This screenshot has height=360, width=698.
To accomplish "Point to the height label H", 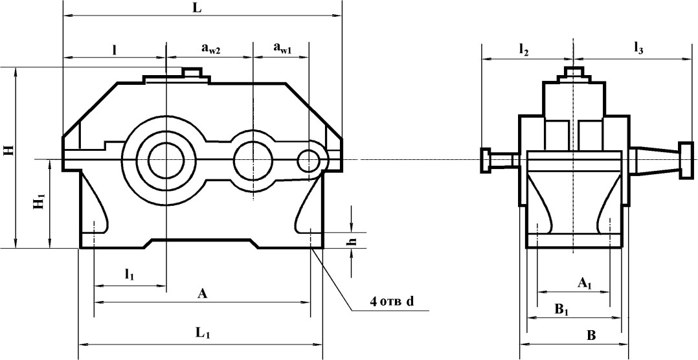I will coord(8,151).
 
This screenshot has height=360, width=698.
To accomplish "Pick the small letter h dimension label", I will coord(352,240).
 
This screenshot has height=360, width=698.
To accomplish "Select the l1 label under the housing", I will coord(129,275).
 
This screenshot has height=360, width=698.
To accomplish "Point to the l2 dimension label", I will coord(524,49).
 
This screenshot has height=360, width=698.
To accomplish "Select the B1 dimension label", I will coord(561,309).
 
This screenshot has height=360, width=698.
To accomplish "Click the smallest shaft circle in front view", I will coord(308,159).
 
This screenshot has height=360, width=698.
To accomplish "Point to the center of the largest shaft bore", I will coord(166,159).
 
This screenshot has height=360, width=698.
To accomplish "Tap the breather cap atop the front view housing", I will coord(192,72).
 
